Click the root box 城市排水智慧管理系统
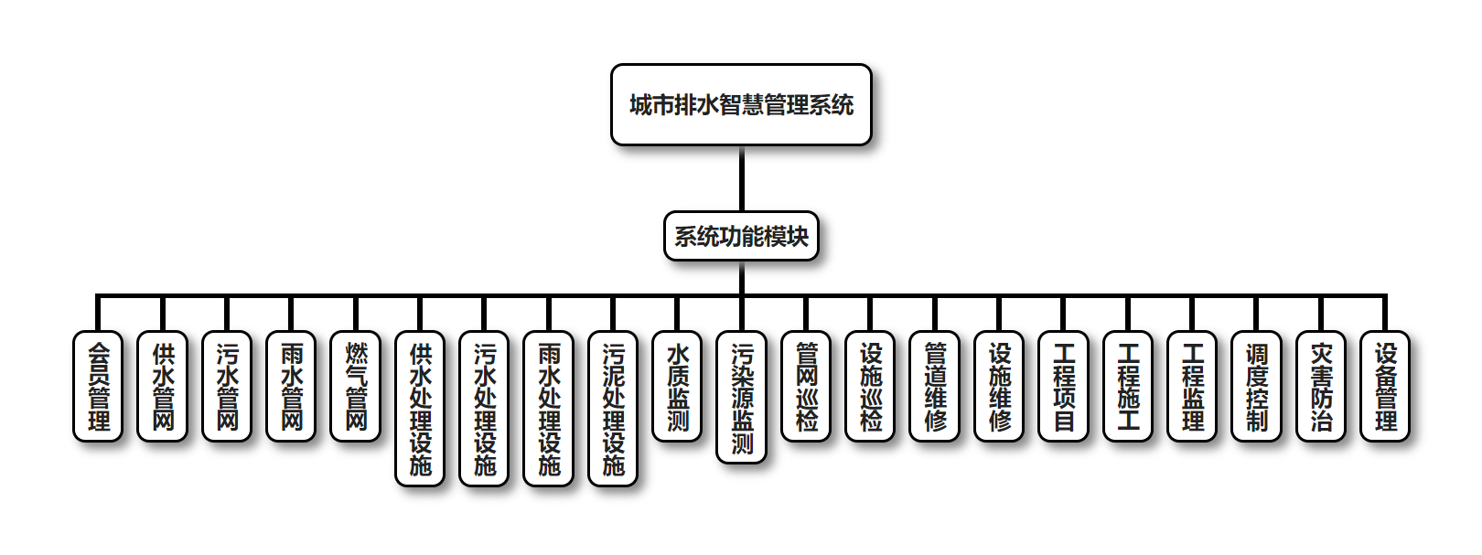click(x=741, y=104)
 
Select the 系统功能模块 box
click(x=741, y=236)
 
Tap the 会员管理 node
click(x=98, y=386)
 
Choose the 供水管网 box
click(x=163, y=386)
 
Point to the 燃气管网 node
click(x=356, y=386)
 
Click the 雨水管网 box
click(x=292, y=386)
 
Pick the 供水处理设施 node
click(x=420, y=408)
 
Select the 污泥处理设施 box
click(x=613, y=408)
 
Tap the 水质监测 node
click(x=678, y=386)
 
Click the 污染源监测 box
click(x=742, y=397)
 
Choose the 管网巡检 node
click(x=807, y=386)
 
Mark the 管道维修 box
click(x=935, y=386)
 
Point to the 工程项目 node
click(x=1064, y=386)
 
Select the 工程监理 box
click(x=1193, y=386)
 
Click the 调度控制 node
click(x=1257, y=386)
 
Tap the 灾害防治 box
click(x=1321, y=386)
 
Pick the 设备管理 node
click(x=1386, y=386)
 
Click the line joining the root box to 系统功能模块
click(x=741, y=179)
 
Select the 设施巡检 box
click(x=871, y=386)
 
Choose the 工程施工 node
click(x=1128, y=386)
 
